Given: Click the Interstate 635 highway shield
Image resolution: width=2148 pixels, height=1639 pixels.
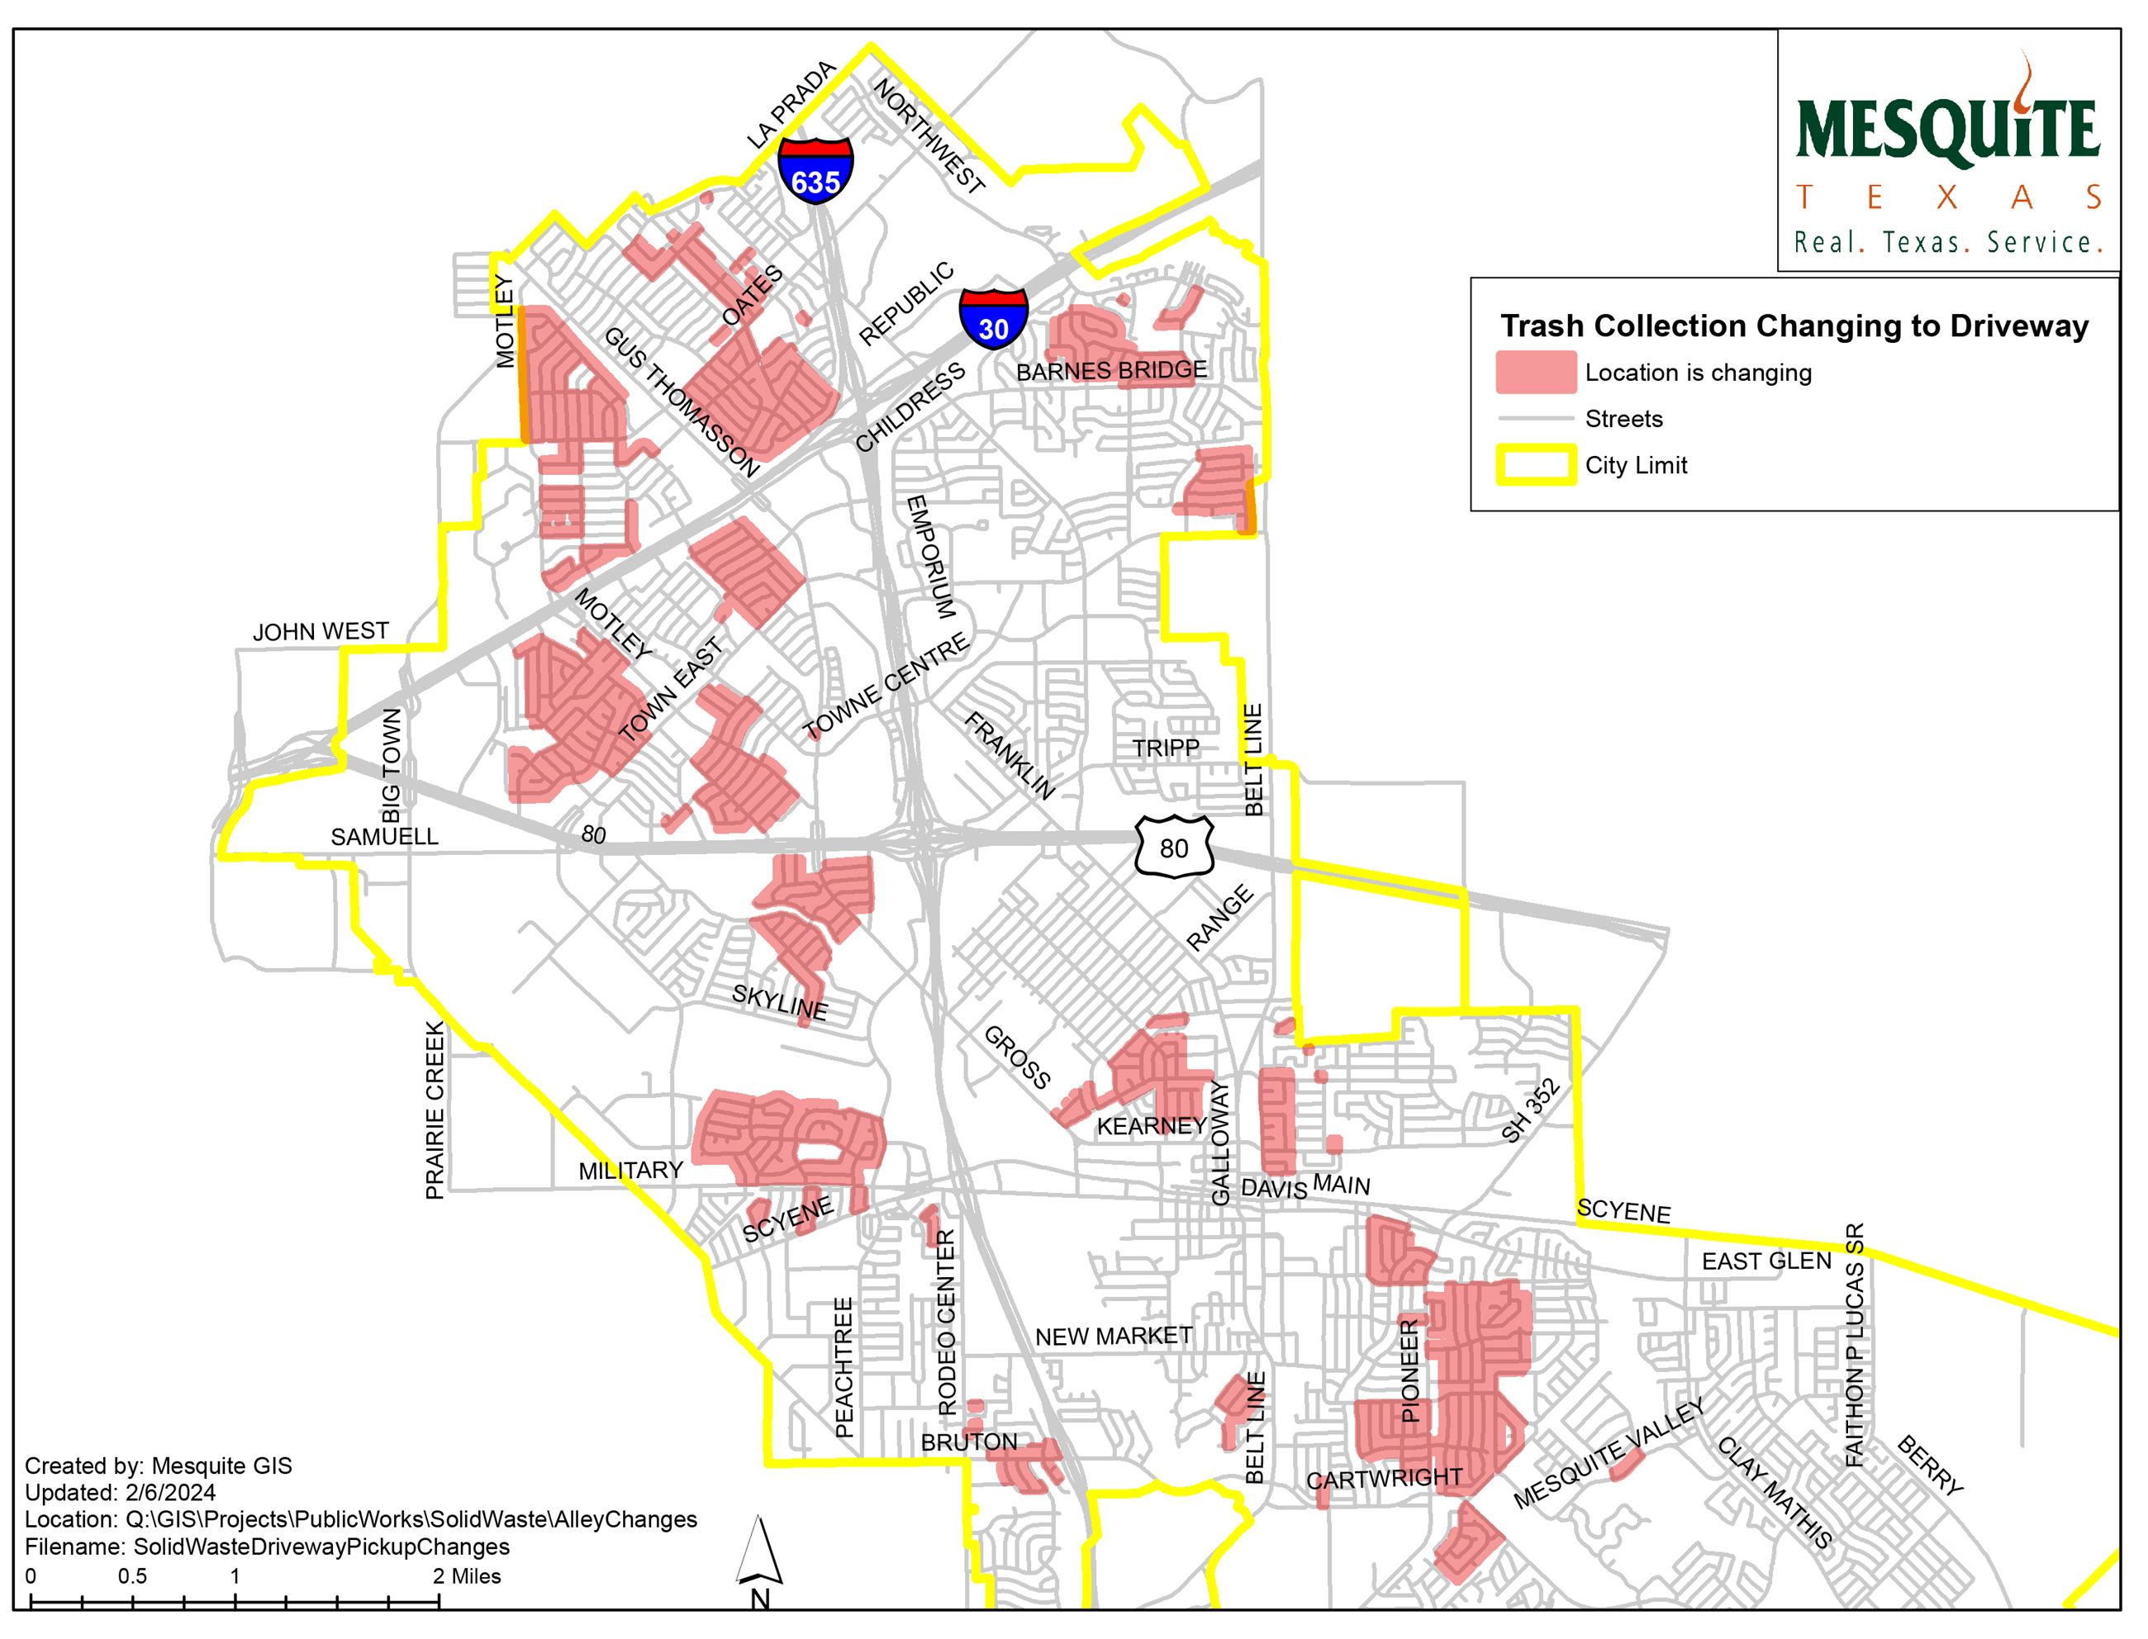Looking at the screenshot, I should pyautogui.click(x=815, y=169).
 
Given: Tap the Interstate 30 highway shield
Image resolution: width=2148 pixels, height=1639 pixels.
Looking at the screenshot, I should pyautogui.click(x=993, y=318).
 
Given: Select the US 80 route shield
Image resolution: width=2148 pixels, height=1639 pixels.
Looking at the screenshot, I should pyautogui.click(x=1175, y=847).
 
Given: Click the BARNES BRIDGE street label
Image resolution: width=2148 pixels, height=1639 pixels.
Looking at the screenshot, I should pyautogui.click(x=1111, y=371).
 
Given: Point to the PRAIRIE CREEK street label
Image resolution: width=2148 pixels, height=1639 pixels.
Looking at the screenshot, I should pyautogui.click(x=435, y=1109).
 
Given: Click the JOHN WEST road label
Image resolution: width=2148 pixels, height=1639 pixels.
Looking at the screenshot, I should pyautogui.click(x=320, y=631).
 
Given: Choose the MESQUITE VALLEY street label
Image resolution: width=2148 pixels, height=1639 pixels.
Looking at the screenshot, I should pyautogui.click(x=1609, y=1452).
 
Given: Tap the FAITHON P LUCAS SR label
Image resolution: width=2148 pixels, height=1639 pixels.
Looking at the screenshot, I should pyautogui.click(x=1855, y=1344).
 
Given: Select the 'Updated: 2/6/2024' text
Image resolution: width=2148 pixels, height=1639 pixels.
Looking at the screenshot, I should pyautogui.click(x=120, y=1493).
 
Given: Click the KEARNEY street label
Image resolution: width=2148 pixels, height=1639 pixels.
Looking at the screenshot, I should pyautogui.click(x=1152, y=1126).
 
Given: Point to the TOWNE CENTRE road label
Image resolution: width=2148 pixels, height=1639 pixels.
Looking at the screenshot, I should pyautogui.click(x=886, y=685).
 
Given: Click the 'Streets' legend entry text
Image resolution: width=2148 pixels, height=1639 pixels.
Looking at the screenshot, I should pyautogui.click(x=1623, y=420).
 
